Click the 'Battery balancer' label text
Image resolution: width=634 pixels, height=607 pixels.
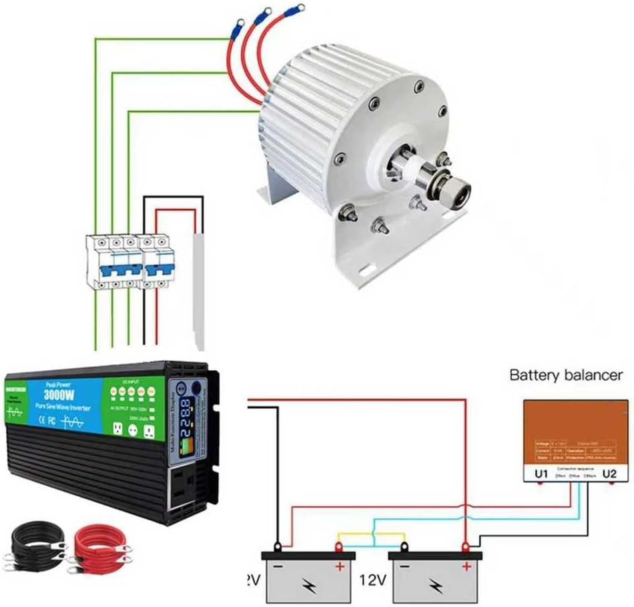pos(566,375)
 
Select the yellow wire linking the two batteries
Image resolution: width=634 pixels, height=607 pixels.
pos(370,534)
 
